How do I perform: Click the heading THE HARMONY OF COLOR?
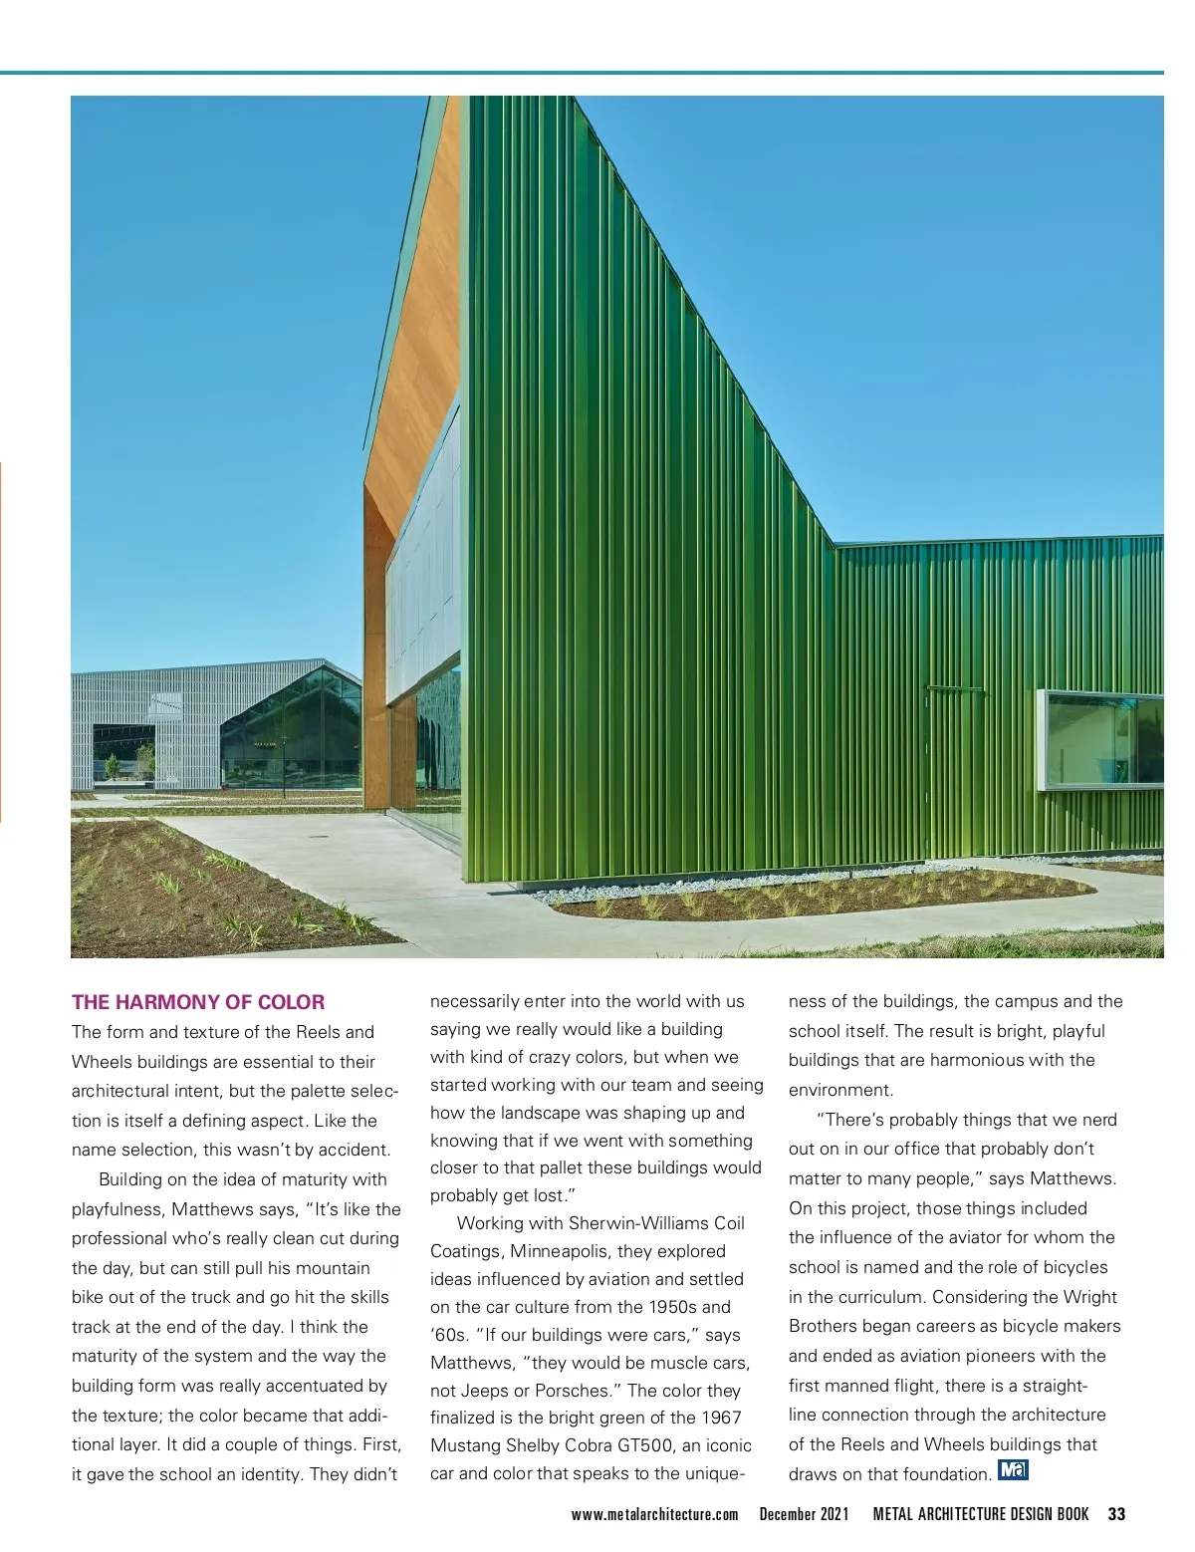pos(198,1002)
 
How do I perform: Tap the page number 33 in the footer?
pos(1116,1514)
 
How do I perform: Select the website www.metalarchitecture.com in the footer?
pos(654,1514)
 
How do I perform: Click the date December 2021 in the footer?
pos(804,1514)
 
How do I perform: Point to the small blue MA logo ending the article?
pos(1013,1470)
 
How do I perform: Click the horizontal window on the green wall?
pos(1100,739)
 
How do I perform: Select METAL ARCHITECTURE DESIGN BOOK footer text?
pos(981,1514)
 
